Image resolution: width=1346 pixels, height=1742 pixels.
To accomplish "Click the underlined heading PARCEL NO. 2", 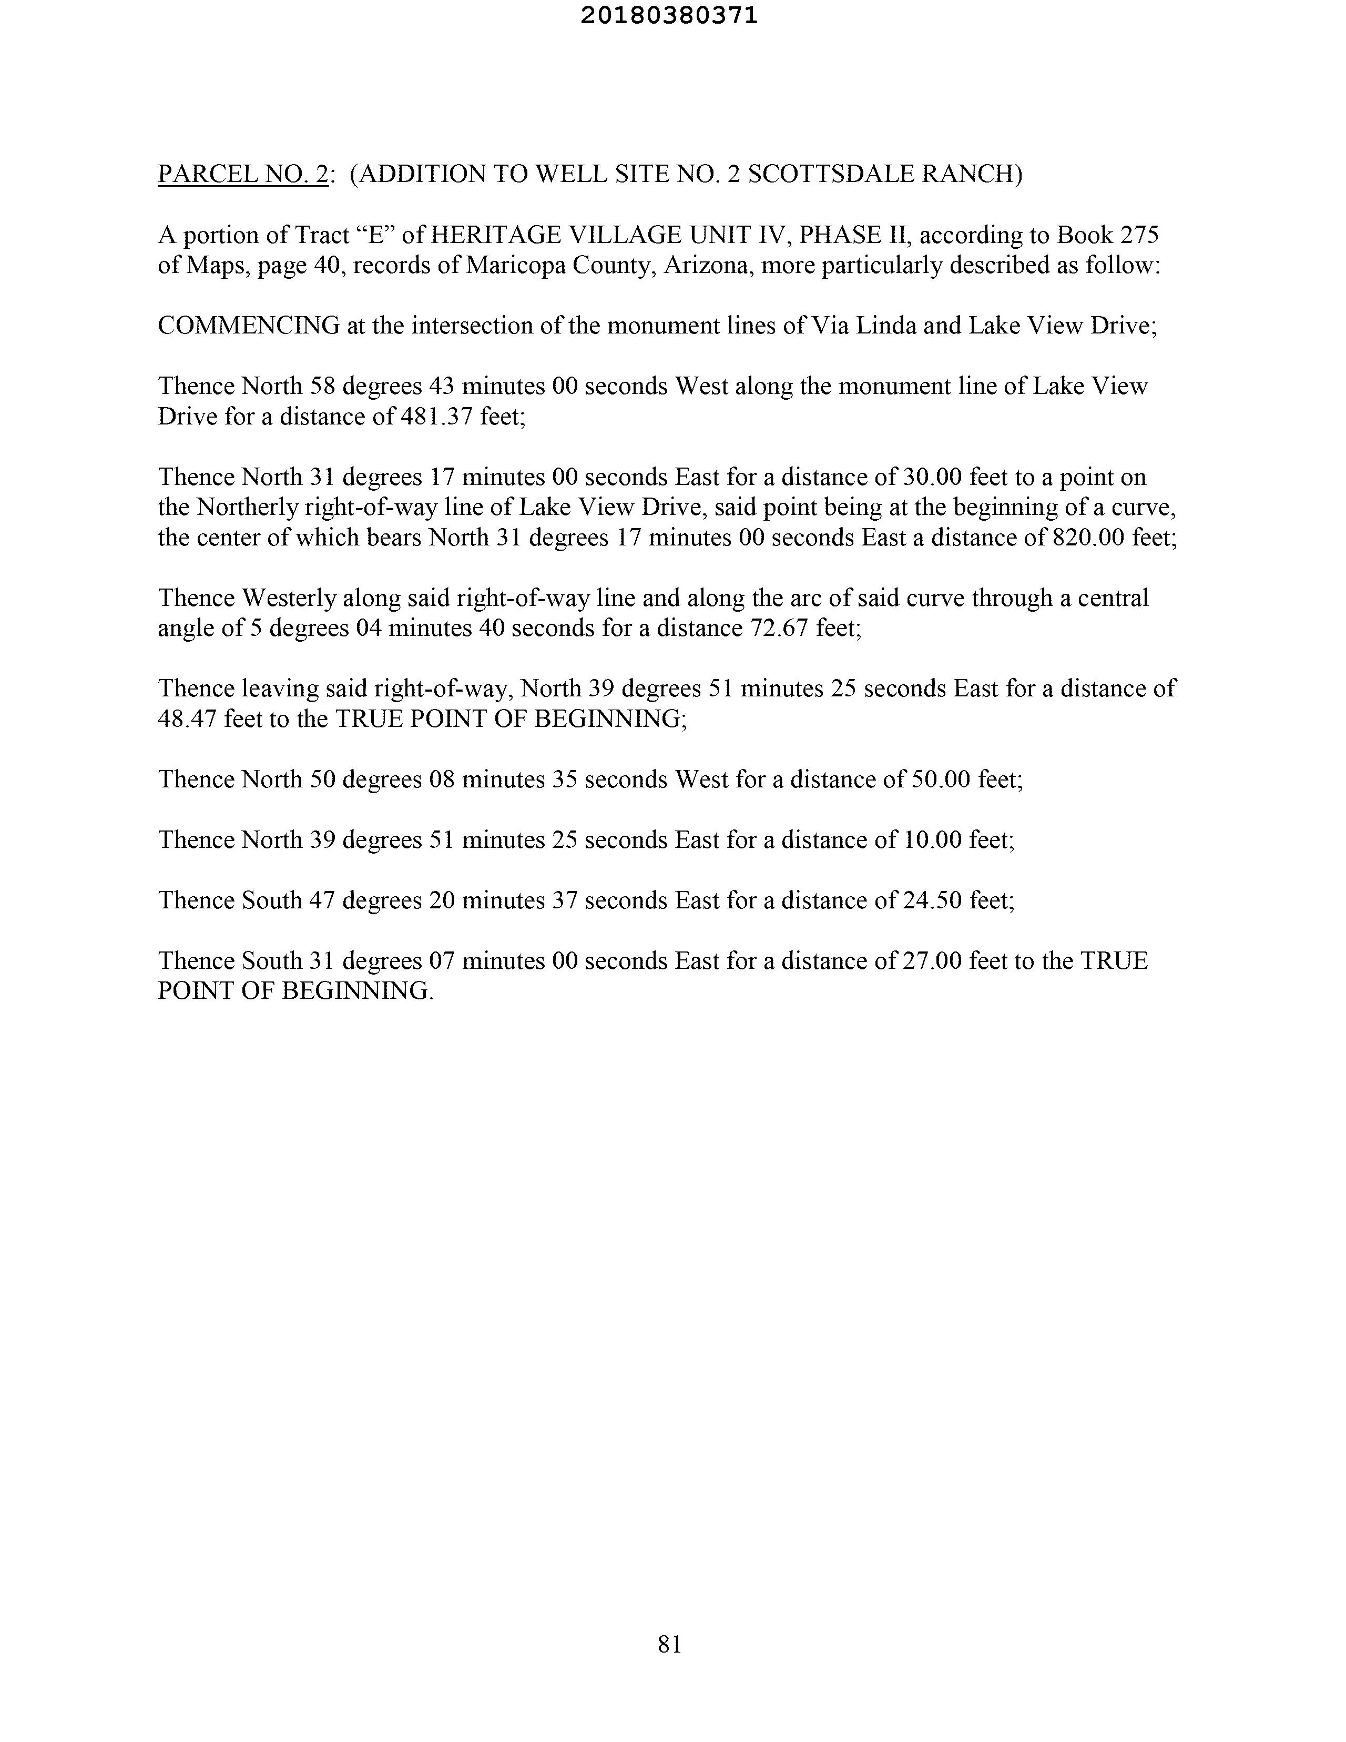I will [x=243, y=174].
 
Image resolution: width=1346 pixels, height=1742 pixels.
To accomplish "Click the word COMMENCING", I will [x=249, y=326].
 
